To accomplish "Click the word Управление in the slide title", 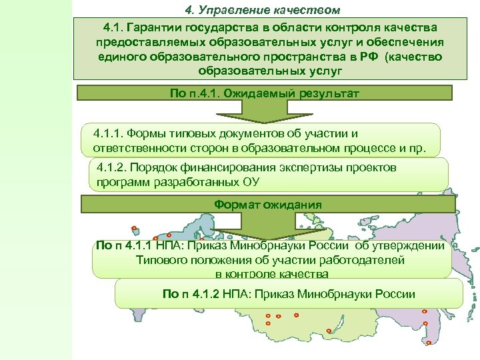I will click(x=231, y=10).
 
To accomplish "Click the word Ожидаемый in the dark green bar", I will click(x=260, y=93).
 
